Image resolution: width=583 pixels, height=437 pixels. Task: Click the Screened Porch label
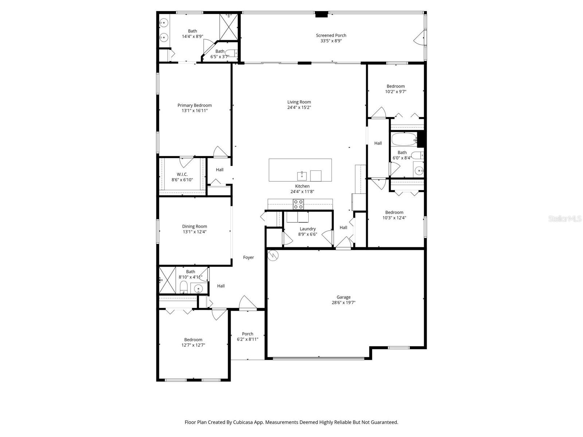coord(331,35)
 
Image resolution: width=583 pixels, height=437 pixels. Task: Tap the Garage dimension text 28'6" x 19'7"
coord(343,303)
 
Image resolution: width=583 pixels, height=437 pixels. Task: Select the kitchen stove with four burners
coord(298,204)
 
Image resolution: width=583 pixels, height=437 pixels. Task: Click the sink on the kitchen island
coord(302,176)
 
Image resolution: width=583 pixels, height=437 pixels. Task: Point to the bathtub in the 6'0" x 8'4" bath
coord(404,139)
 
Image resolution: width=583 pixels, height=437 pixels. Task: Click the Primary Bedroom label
coord(195,105)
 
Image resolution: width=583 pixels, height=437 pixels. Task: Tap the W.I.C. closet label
coord(182,174)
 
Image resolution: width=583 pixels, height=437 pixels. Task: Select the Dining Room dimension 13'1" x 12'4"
coord(195,232)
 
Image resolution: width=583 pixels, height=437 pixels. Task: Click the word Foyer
coord(249,257)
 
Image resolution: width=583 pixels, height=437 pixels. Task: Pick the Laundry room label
coord(308,229)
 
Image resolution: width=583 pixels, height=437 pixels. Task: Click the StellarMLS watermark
coord(565,219)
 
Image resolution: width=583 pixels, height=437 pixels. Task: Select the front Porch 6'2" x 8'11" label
coord(247,334)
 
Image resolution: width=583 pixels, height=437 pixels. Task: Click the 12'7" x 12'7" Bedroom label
coord(193,340)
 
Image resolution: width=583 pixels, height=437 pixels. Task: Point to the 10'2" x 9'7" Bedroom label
coord(396,86)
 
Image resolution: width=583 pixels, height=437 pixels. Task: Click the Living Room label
coord(299,102)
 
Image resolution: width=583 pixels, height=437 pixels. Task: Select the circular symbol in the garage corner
coord(273,255)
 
